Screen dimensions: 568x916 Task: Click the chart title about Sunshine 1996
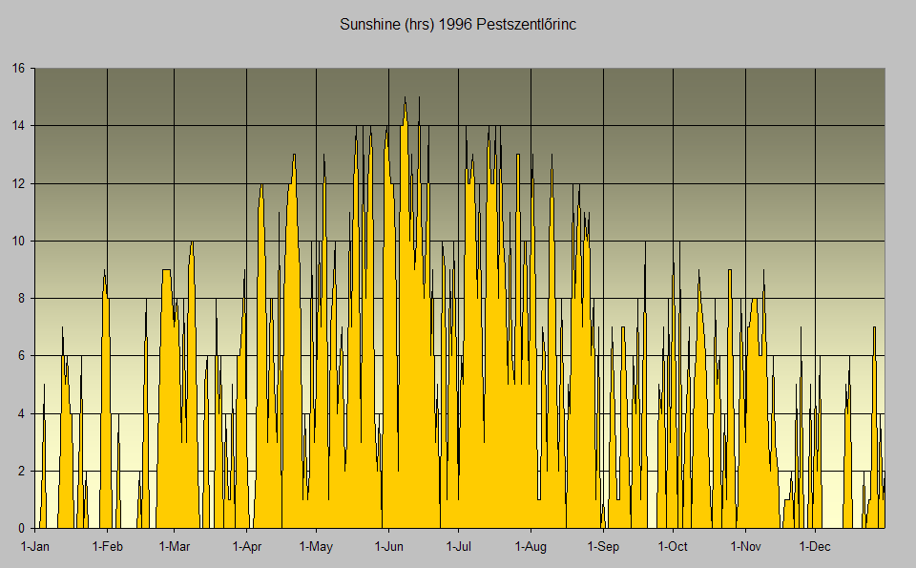457,24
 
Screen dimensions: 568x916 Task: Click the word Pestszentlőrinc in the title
527,24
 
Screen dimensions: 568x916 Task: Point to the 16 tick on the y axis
19,68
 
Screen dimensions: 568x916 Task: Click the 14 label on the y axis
19,125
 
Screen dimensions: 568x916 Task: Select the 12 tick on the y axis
19,183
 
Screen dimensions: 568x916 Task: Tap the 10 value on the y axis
19,241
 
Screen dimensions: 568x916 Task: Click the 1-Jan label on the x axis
35,547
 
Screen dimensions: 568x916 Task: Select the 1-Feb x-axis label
107,547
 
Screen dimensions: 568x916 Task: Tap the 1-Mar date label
175,547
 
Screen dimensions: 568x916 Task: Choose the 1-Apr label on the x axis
247,547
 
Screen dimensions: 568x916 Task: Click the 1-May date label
316,547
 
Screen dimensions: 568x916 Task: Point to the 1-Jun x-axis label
388,547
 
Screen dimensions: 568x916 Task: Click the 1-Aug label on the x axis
531,547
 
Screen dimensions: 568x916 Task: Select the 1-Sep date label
603,547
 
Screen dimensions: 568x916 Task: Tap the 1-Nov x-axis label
745,547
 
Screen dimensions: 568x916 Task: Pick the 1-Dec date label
815,547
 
